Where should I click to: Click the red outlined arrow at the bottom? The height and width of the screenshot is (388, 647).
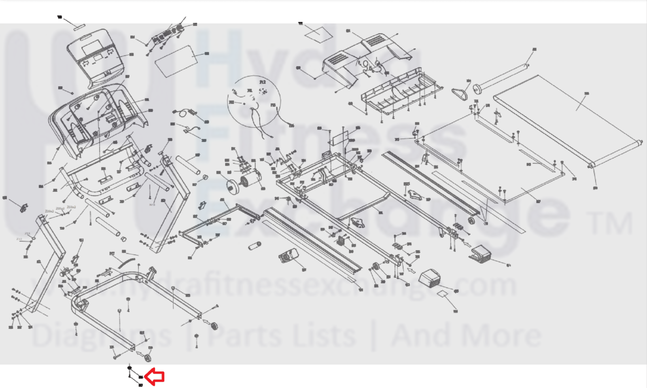(154, 377)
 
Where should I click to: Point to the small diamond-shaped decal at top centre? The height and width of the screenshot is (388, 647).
(317, 32)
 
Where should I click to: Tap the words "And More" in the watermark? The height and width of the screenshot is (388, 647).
(465, 336)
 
